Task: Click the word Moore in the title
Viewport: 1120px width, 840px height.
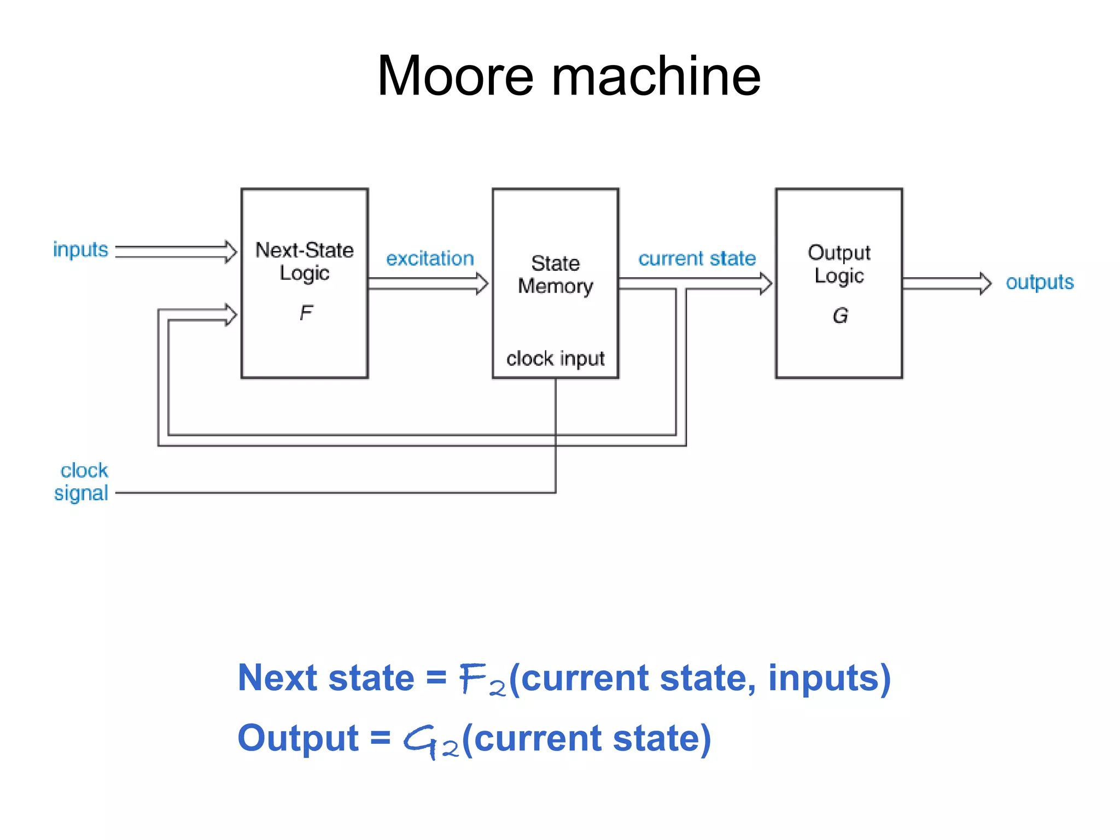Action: click(x=455, y=77)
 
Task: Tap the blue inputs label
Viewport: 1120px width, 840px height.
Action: click(x=80, y=250)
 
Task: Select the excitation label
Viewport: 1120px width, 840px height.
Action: click(x=430, y=259)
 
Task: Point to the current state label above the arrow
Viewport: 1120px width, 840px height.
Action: click(x=697, y=258)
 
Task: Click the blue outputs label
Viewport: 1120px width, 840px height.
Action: click(x=1040, y=283)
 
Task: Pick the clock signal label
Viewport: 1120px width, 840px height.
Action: click(x=83, y=482)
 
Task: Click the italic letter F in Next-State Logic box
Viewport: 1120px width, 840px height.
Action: click(x=306, y=313)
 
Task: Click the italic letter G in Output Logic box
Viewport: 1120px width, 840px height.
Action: click(x=840, y=316)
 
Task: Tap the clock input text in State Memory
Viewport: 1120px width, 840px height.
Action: click(x=555, y=359)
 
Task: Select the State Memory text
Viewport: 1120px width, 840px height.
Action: click(x=555, y=275)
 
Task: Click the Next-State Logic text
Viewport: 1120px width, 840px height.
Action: click(x=305, y=261)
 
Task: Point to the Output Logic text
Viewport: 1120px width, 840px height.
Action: click(x=839, y=264)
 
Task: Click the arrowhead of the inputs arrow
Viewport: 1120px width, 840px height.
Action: click(x=231, y=252)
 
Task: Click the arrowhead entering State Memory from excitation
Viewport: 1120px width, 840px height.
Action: click(x=482, y=283)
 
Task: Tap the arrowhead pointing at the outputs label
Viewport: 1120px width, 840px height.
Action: click(x=985, y=283)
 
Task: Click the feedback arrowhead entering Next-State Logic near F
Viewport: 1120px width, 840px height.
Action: click(x=231, y=315)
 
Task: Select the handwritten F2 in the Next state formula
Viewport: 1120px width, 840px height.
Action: click(x=481, y=680)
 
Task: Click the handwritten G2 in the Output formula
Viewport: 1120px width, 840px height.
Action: click(x=430, y=741)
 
